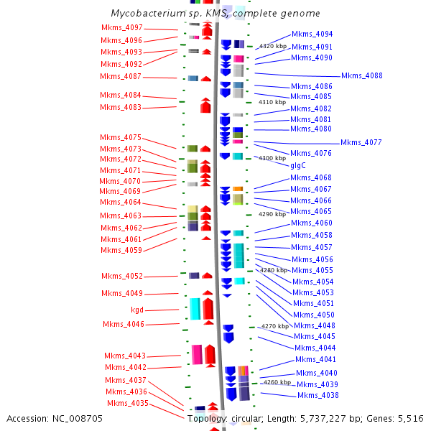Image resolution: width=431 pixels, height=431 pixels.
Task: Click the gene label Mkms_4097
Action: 122,27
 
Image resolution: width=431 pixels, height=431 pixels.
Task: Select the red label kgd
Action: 137,310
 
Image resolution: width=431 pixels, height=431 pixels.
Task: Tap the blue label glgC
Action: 298,165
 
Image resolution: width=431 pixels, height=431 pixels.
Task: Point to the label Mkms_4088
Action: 362,75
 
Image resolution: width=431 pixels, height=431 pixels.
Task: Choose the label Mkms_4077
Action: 361,142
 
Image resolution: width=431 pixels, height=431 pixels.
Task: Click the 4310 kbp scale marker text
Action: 272,102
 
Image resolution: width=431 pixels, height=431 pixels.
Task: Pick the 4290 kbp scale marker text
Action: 272,214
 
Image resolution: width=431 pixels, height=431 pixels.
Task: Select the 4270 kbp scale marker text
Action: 275,326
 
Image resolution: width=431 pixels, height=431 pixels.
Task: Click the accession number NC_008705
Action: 78,419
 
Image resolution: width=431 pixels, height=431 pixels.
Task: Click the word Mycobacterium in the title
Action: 149,13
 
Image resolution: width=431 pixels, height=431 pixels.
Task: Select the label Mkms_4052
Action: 122,276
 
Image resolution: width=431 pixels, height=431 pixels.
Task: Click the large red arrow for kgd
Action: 208,309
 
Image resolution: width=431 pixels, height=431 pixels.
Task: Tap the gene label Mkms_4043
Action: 125,356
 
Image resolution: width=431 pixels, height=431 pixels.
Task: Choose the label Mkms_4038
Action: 318,395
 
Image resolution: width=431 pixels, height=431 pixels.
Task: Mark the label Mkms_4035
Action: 128,403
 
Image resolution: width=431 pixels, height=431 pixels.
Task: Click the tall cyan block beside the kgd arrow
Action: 195,309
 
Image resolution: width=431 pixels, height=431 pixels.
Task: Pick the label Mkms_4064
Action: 121,202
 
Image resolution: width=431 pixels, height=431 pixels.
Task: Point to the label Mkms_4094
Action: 312,34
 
